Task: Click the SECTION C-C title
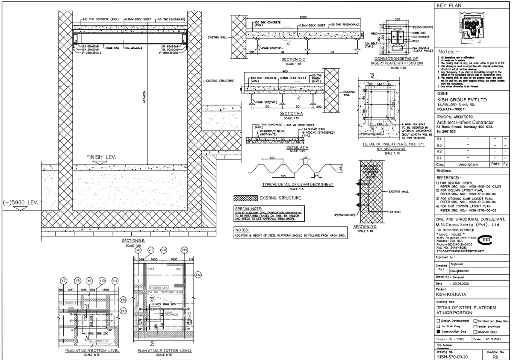click(293, 59)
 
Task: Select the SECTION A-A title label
click(291, 114)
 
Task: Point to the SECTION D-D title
click(365, 227)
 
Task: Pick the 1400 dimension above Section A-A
click(281, 71)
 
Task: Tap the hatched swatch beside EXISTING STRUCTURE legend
click(245, 198)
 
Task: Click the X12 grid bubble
click(198, 275)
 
